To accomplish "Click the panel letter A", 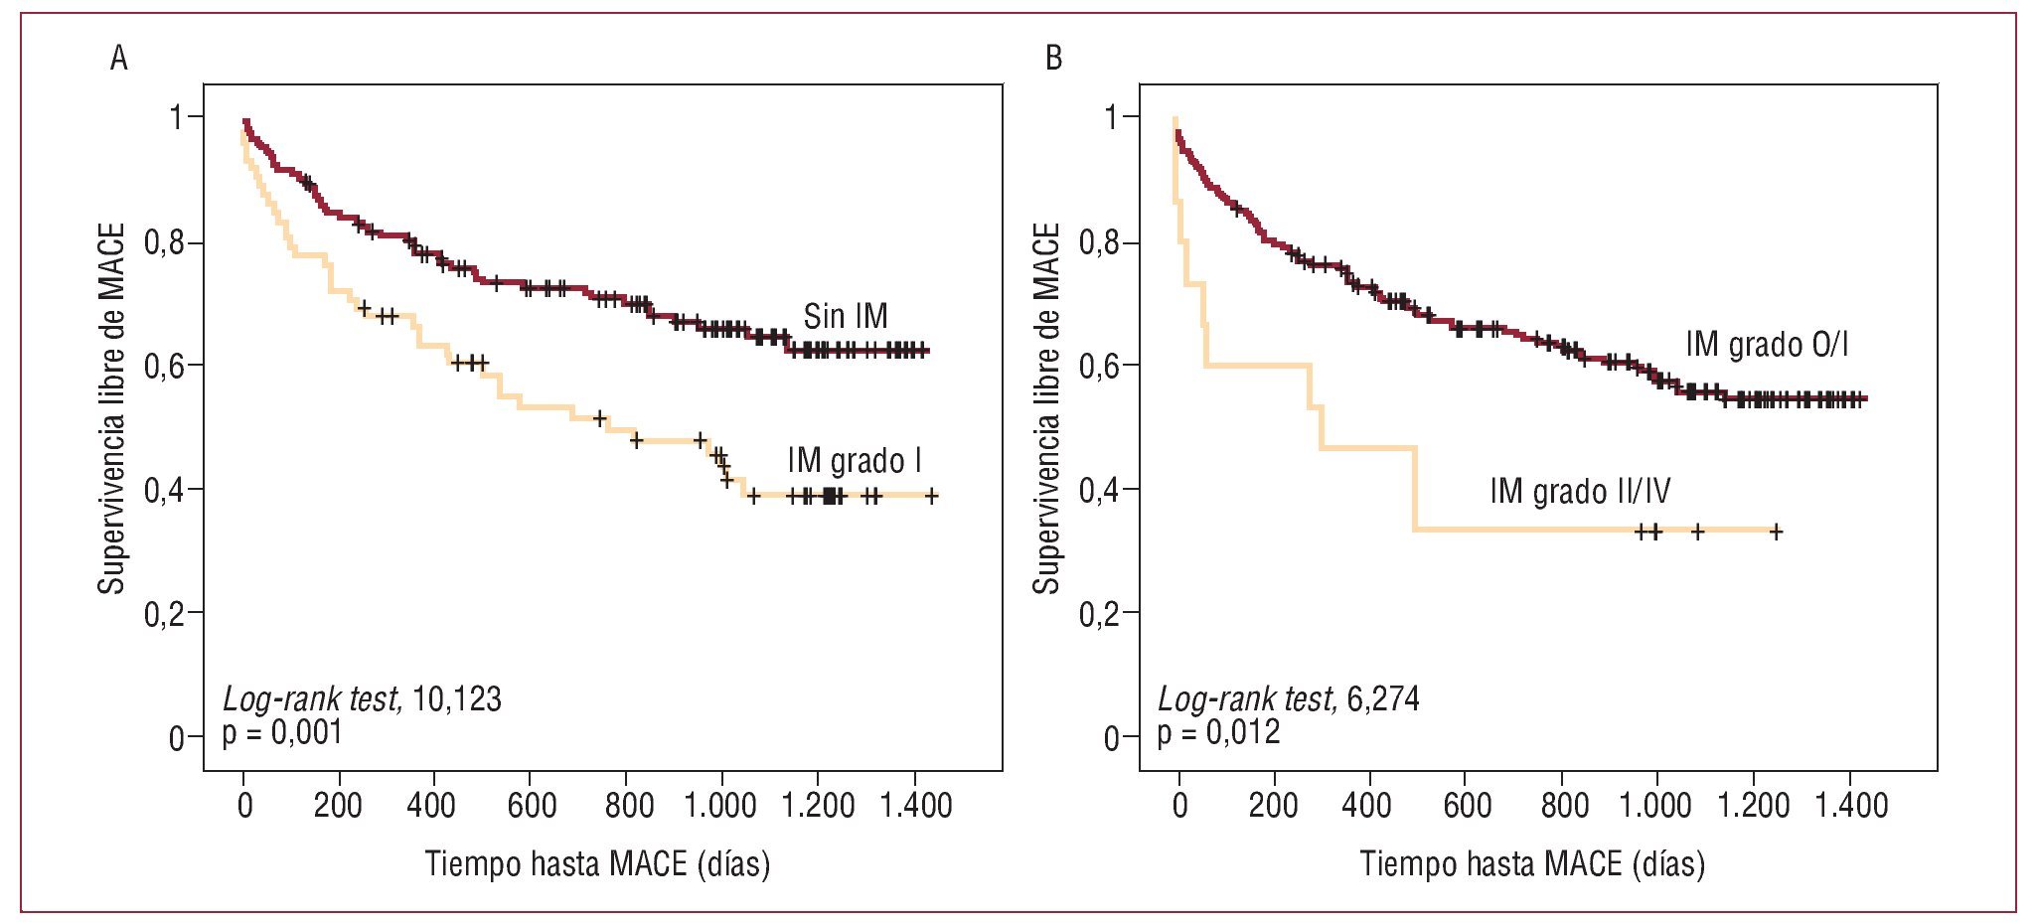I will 118,59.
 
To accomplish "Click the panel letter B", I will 1053,59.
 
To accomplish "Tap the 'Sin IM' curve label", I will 845,317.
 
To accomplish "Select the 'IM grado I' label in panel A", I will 854,461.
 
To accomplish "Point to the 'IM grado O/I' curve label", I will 1767,345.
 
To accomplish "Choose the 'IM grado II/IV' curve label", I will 1580,491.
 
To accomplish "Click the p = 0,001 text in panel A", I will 282,733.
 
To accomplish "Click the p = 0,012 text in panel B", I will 1218,733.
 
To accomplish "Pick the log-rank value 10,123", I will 456,699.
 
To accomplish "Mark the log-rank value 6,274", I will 1382,699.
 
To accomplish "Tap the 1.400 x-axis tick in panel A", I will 915,805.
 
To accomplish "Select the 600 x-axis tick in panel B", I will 1467,805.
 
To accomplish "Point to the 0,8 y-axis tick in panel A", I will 165,241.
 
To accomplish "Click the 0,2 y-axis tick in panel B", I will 1100,614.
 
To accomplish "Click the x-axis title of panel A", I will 597,863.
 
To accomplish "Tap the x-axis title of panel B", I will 1532,863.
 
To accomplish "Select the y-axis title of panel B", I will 1046,408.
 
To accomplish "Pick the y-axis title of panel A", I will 111,408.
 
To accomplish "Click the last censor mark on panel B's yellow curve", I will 1776,532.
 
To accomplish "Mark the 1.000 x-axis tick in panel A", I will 720,805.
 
